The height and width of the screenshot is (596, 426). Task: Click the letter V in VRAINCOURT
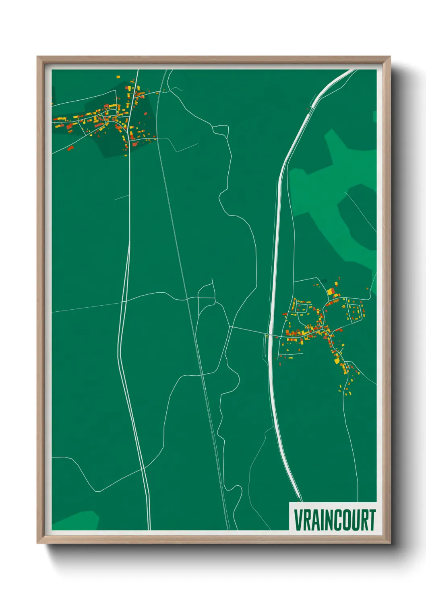coord(299,520)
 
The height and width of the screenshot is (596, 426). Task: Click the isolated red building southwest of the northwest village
coord(71,148)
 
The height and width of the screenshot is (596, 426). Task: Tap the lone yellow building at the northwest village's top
coord(118,76)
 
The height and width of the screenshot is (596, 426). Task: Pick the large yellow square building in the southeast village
coord(330,291)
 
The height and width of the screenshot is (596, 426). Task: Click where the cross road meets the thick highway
coord(269,335)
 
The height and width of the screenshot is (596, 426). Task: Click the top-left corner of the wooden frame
coord(37,57)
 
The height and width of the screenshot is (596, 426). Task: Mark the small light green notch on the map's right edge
coord(374,116)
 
